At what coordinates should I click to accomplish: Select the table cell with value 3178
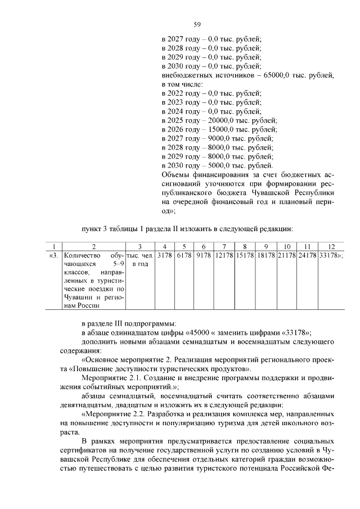[x=164, y=255]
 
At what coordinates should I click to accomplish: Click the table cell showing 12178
[x=224, y=255]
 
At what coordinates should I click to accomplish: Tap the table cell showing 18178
[x=265, y=255]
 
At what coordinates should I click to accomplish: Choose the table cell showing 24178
[x=307, y=255]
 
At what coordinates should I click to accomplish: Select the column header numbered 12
[x=331, y=246]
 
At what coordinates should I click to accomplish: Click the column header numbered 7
[x=224, y=246]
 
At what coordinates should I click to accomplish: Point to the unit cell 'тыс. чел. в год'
[x=140, y=260]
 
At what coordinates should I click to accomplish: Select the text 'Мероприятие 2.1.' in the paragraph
[x=107, y=377]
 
